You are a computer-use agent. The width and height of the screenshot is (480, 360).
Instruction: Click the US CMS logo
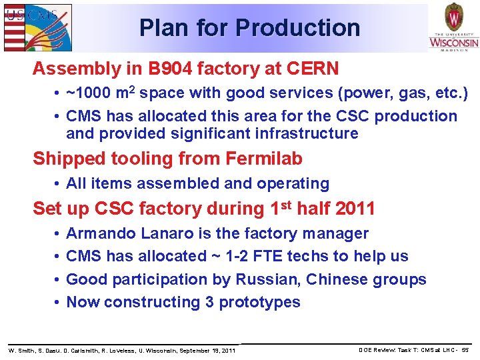point(37,27)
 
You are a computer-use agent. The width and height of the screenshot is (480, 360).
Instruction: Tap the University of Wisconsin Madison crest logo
point(453,27)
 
